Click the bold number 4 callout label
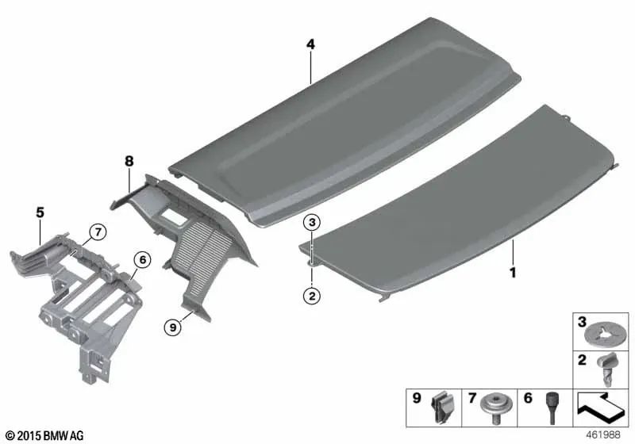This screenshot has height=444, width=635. point(310,44)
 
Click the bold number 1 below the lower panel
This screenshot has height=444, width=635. point(513,273)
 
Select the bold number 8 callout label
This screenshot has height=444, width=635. point(129,161)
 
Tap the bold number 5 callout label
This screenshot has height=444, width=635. point(40,212)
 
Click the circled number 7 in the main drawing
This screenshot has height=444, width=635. point(98,232)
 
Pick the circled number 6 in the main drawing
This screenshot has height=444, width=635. point(143,259)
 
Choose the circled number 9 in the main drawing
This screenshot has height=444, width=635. point(173,327)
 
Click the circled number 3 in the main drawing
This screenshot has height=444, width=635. point(312,222)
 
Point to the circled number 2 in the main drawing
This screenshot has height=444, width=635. point(312,296)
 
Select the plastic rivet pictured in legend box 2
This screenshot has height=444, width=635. point(606,369)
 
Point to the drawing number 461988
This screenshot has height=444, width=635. point(603,434)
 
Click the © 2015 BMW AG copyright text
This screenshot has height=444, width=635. point(45,435)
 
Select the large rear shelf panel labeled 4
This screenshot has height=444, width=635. point(344,121)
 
